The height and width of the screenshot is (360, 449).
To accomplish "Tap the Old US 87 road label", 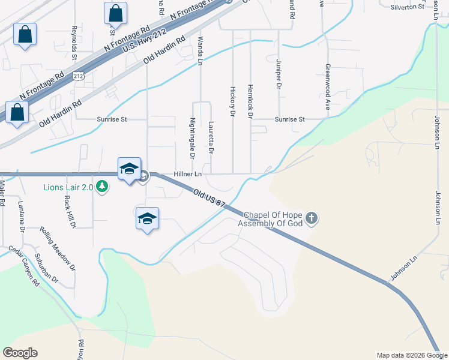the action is tap(209, 199).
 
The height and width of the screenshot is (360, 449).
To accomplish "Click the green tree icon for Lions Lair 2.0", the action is tap(103, 187).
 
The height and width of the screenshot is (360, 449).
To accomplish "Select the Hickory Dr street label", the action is tap(232, 100).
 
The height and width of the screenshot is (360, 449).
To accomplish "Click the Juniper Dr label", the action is tap(279, 74).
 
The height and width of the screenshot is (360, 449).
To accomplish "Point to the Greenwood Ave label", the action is tap(328, 87).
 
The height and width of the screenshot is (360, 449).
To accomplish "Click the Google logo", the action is tap(20, 353).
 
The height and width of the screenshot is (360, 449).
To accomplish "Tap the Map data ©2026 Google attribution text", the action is tap(411, 355).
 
